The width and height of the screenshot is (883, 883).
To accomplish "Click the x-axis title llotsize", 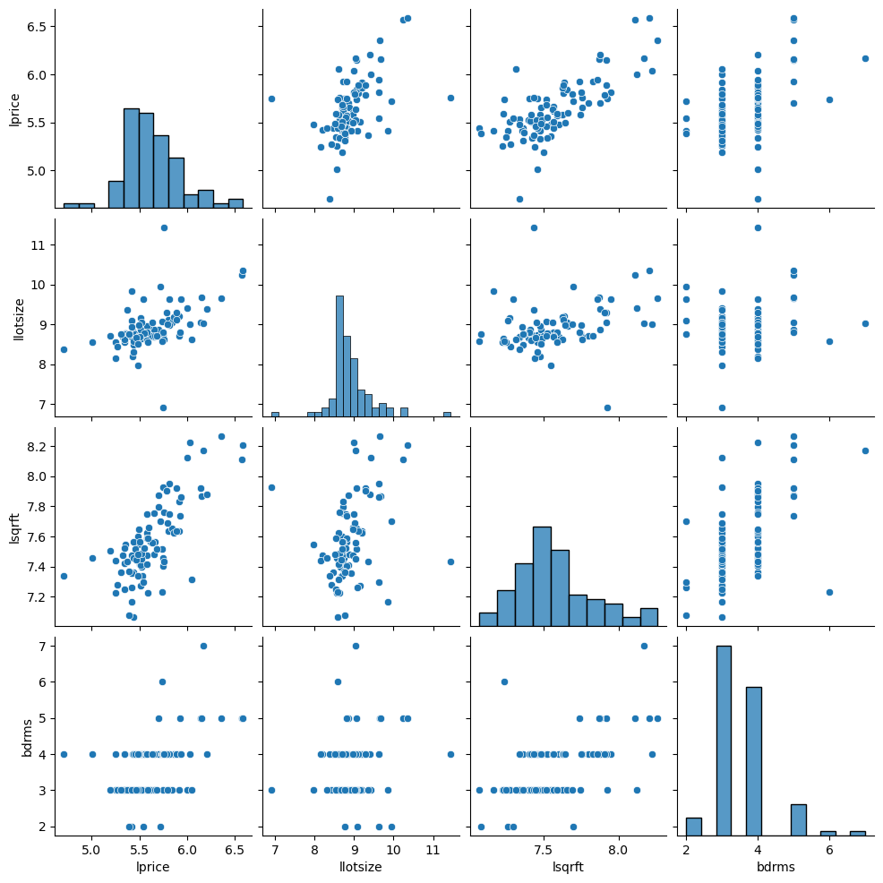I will pyautogui.click(x=354, y=869).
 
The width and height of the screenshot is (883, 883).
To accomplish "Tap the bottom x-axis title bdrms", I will pyautogui.click(x=776, y=869).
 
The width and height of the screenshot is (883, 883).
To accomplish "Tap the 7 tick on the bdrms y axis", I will pyautogui.click(x=39, y=646).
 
